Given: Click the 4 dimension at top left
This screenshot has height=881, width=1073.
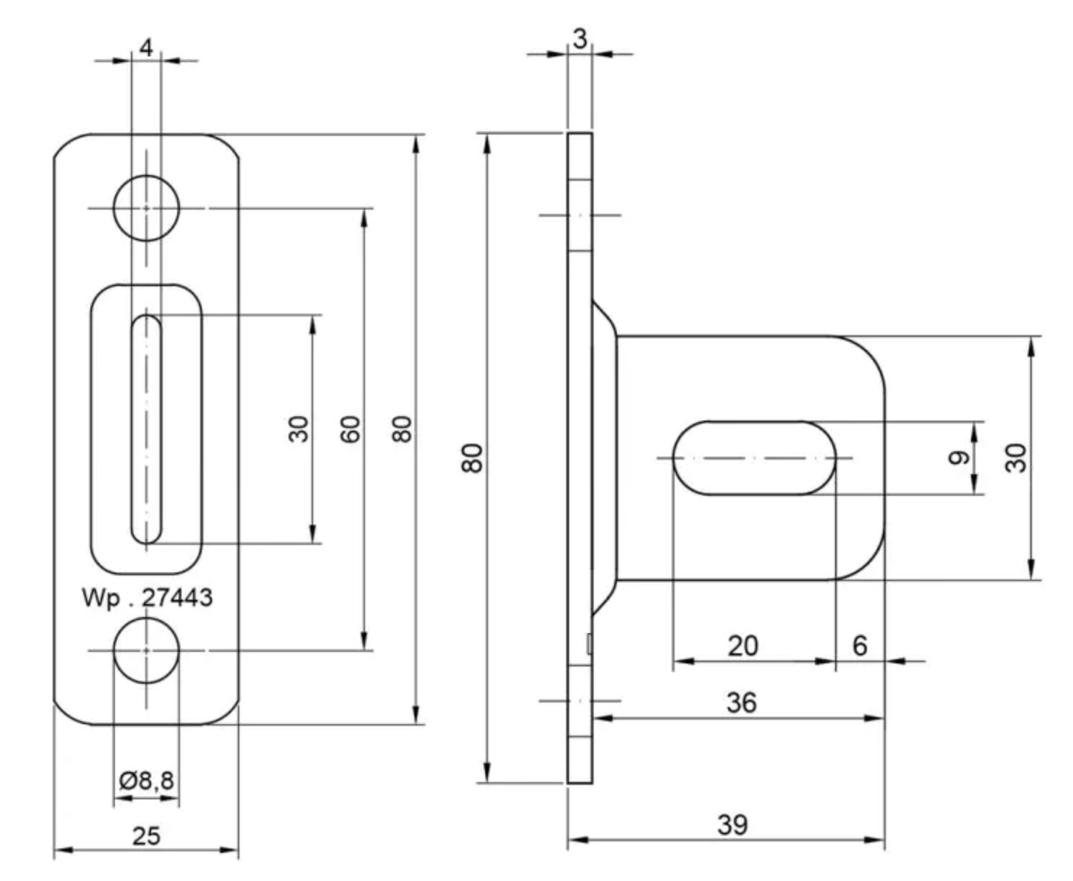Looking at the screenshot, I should (146, 48).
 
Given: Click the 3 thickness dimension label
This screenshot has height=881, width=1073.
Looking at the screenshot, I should (580, 39).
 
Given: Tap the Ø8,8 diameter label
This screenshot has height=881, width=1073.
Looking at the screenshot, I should (147, 780).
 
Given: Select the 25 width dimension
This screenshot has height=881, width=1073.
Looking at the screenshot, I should (146, 835).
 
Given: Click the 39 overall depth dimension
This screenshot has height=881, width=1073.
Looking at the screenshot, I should (732, 824).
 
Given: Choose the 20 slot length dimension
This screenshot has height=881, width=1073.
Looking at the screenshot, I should (743, 645).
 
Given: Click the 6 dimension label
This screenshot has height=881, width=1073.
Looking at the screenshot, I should (860, 645).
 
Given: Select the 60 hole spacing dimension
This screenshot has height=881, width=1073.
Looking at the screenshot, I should (350, 429).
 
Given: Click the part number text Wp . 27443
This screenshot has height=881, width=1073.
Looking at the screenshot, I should (148, 598).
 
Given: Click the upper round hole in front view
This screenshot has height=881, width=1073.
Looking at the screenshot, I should (146, 208).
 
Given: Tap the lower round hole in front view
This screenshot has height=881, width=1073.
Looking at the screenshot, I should (146, 650).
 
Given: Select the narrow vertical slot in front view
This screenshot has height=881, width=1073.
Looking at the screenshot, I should (146, 429).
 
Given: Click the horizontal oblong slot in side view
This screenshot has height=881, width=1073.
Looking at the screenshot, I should (754, 457).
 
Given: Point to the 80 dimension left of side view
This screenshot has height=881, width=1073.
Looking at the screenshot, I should (472, 457).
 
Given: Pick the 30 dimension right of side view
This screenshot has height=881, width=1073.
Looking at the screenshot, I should (1016, 457).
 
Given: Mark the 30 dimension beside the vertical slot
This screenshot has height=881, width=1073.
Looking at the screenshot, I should (298, 429).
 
